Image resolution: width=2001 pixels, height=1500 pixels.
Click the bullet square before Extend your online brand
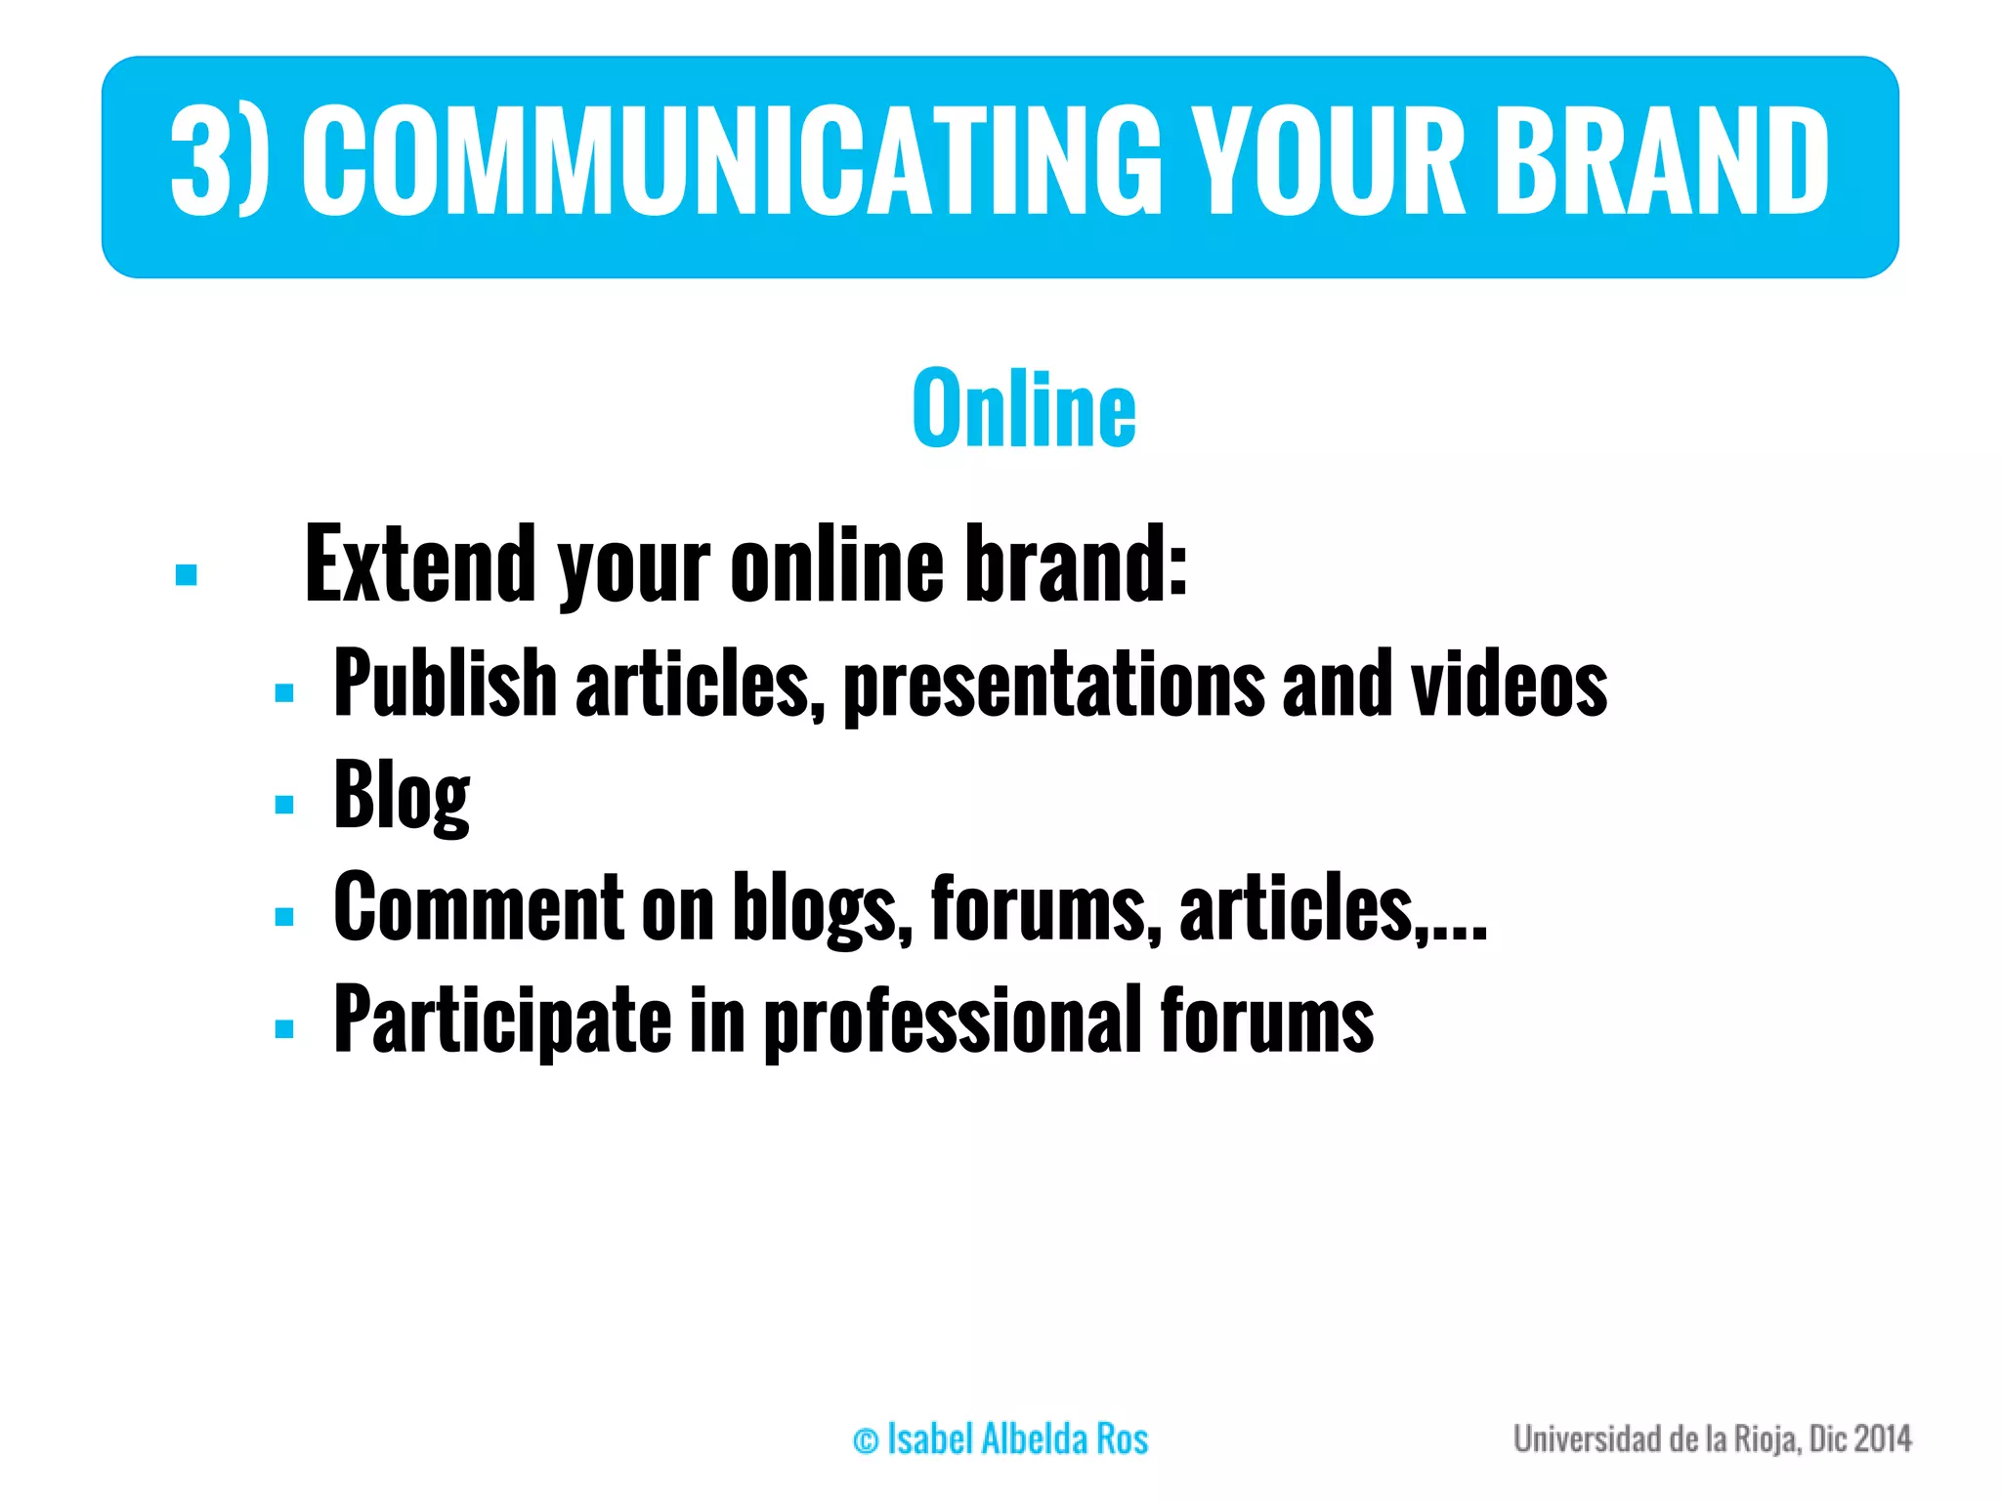click(187, 574)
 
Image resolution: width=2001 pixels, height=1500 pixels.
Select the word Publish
click(445, 684)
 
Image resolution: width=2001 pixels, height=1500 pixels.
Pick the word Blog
click(402, 796)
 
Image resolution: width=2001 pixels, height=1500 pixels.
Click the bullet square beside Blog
click(284, 805)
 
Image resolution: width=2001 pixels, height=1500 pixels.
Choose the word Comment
click(479, 907)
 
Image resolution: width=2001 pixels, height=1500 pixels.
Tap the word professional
click(953, 1021)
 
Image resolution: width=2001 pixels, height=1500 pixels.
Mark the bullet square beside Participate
click(284, 1028)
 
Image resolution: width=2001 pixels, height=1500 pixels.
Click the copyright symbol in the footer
click(866, 1440)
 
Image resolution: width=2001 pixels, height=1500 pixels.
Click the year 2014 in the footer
click(1882, 1438)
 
